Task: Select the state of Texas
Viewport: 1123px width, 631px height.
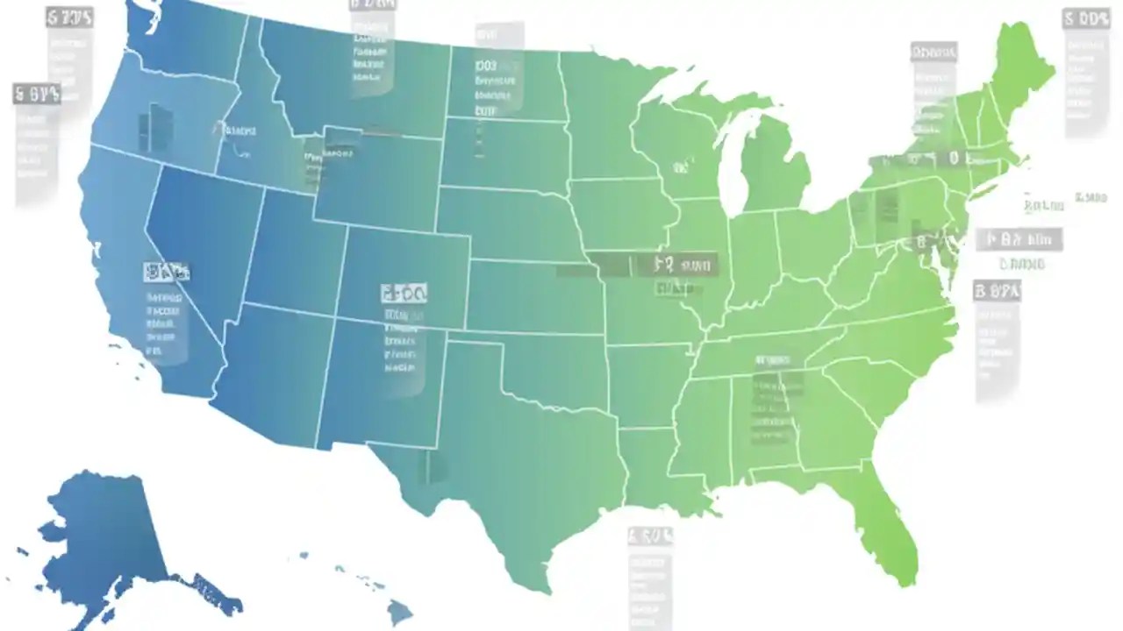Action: (518, 456)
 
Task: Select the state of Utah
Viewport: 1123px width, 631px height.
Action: (290, 254)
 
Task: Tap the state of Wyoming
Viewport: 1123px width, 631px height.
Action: (377, 180)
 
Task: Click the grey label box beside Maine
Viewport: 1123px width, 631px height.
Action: (1086, 74)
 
